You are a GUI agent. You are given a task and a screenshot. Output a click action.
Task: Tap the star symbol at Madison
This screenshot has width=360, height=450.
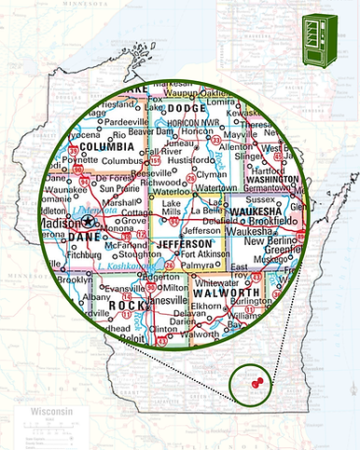click(88, 223)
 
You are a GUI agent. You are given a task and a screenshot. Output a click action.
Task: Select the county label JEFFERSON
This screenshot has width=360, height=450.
click(186, 243)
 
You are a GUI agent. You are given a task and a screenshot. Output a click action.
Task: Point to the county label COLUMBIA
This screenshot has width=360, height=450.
click(107, 146)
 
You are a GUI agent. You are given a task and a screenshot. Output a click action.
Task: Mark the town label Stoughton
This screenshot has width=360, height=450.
click(141, 252)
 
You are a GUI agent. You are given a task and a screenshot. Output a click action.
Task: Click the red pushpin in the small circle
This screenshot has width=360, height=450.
click(256, 381)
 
